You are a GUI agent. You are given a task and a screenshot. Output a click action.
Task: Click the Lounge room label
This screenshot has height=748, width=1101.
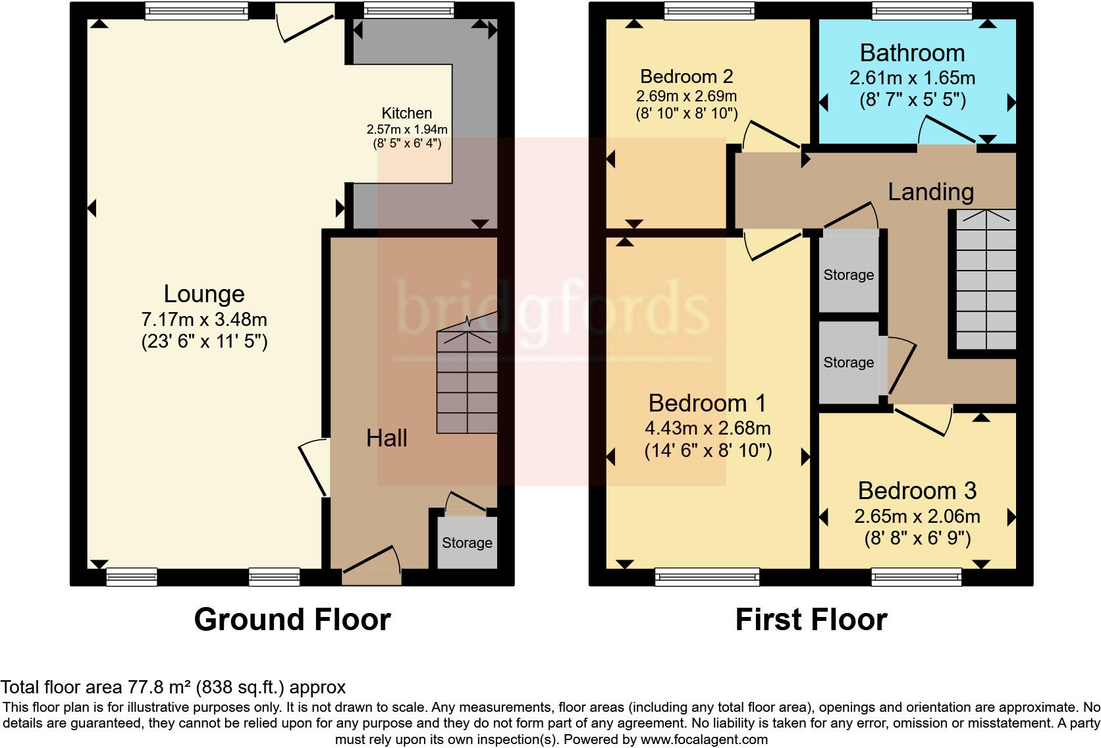(x=204, y=294)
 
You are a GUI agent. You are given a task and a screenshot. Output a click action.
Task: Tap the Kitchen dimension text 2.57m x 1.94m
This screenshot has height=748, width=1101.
(x=407, y=129)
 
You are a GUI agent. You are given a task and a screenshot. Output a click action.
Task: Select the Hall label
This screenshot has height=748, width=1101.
(x=387, y=439)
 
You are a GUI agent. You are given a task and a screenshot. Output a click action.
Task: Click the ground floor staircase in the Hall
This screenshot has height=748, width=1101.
(x=467, y=382)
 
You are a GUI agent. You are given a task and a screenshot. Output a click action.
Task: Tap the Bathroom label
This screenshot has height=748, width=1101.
(x=912, y=53)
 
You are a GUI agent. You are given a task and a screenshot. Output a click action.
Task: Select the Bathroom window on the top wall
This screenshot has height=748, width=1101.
(x=921, y=11)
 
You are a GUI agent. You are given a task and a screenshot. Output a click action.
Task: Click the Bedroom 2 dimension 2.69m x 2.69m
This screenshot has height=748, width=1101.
(x=686, y=96)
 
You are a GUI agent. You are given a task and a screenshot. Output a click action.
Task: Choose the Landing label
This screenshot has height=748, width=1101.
(x=930, y=192)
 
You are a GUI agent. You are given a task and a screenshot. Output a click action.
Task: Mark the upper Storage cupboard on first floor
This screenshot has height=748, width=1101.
(x=849, y=275)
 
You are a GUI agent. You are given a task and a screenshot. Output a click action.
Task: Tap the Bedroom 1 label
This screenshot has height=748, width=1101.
(x=707, y=403)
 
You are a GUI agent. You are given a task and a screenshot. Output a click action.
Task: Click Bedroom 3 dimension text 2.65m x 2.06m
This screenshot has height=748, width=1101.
(x=917, y=516)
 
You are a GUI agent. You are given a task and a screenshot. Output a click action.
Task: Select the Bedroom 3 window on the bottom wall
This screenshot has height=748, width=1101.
(x=916, y=577)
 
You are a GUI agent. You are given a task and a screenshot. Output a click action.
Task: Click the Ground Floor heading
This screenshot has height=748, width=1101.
(x=292, y=620)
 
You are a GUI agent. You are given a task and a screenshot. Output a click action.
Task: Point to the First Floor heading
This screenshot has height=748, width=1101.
(x=811, y=620)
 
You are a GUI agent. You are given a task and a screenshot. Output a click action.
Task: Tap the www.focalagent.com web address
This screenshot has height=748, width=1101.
(x=703, y=739)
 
